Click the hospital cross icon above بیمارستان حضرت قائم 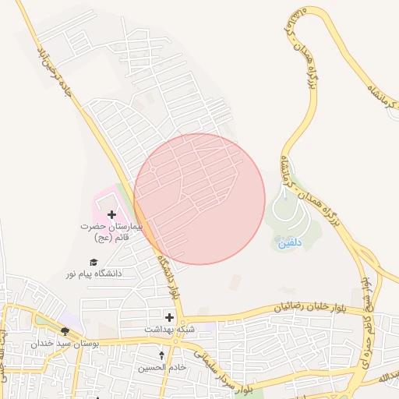[111, 214]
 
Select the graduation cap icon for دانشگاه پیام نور [94, 263]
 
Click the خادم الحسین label [162, 366]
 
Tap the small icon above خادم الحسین [162, 355]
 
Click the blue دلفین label [287, 243]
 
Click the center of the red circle [199, 199]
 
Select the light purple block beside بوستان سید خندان [72, 320]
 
